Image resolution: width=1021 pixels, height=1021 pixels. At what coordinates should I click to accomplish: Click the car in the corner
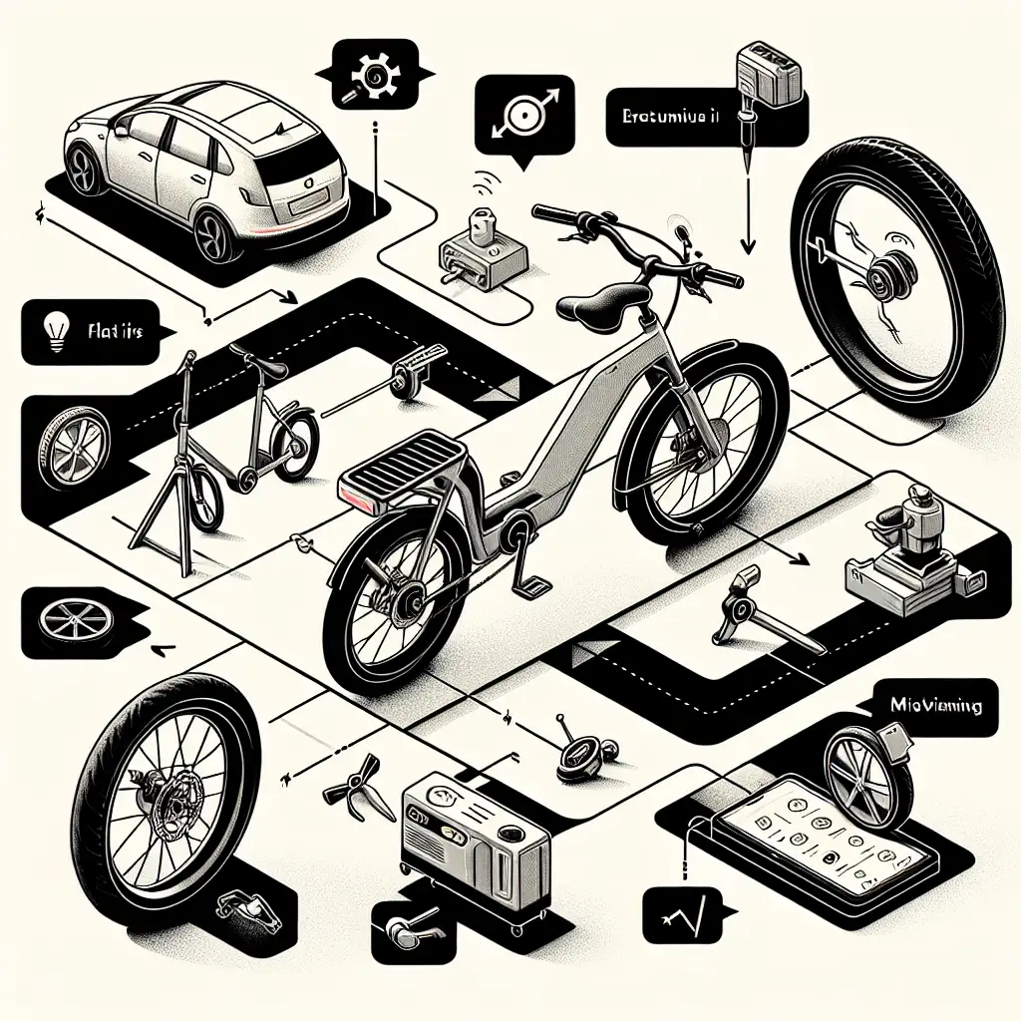204,165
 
